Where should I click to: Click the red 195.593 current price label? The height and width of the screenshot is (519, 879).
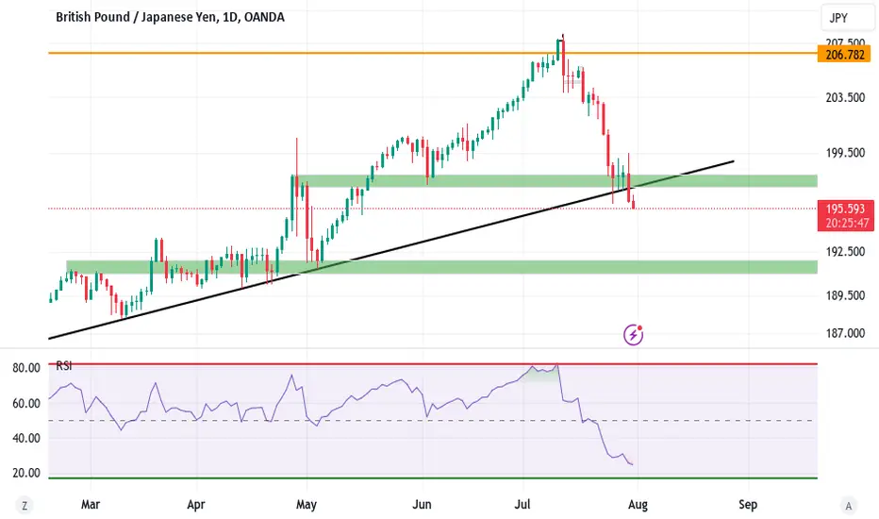point(843,209)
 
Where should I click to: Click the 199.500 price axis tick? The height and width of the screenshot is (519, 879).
point(843,153)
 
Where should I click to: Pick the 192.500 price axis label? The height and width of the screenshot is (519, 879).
point(843,252)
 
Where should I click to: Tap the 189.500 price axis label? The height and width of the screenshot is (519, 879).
point(843,295)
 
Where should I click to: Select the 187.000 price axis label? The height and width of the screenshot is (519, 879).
point(843,332)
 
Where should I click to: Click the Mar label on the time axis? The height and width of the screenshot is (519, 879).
point(91,505)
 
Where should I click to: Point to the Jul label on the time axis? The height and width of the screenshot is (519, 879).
point(522,505)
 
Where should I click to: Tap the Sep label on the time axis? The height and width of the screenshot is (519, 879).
point(749,505)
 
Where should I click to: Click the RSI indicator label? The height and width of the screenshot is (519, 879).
point(65,365)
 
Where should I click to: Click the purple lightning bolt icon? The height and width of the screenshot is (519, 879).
point(635,334)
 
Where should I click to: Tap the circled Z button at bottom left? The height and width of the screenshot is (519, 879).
point(25,506)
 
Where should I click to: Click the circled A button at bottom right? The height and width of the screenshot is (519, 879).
point(849,506)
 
